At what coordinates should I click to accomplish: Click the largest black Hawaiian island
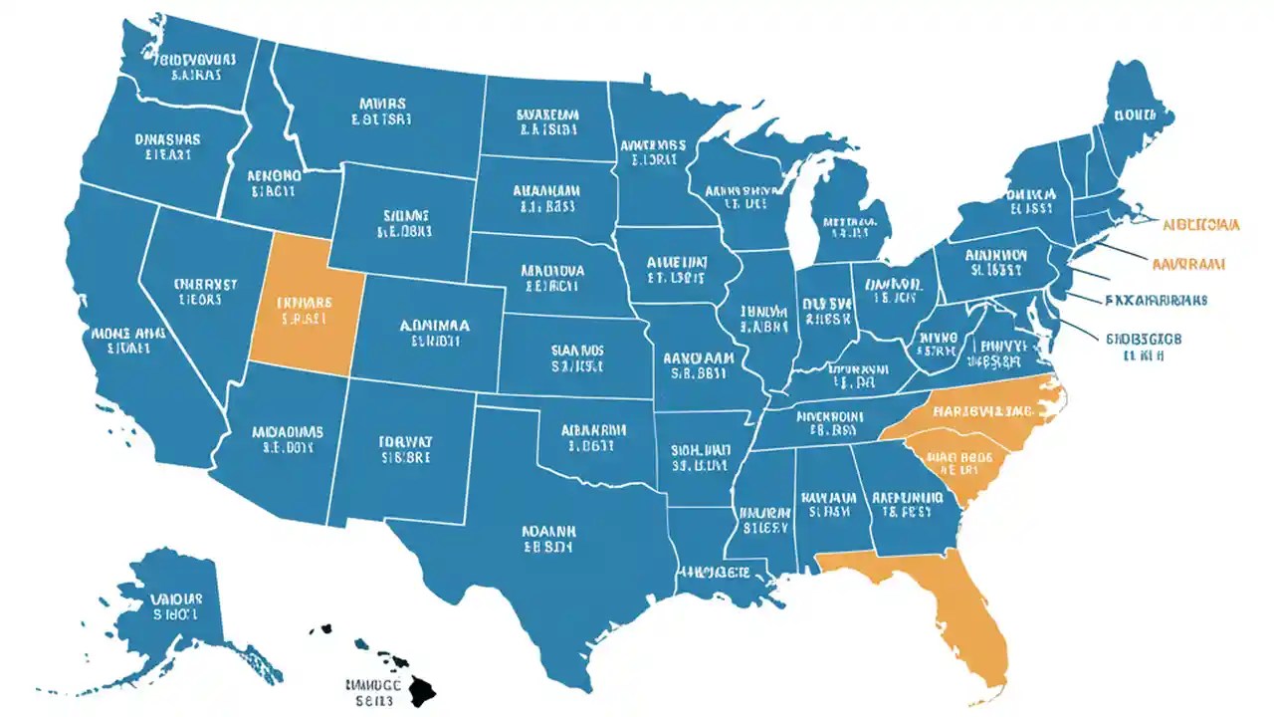pos(422,687)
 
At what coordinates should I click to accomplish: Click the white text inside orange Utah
pos(305,310)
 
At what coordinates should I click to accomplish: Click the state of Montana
pos(378,110)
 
